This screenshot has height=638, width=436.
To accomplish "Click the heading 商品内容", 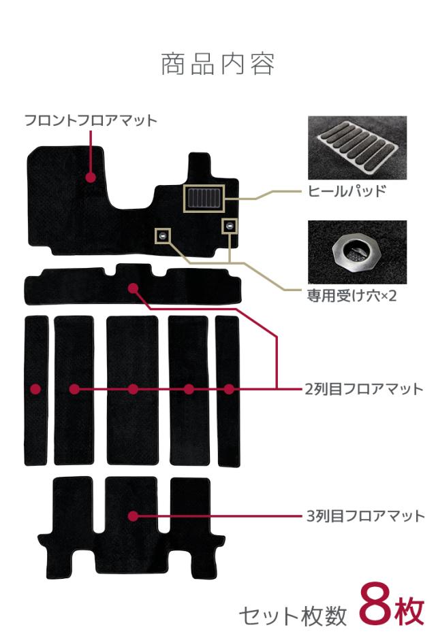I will tap(218, 64).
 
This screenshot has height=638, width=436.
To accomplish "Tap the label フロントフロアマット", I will tap(91, 120).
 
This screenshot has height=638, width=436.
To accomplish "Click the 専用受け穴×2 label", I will tap(352, 297).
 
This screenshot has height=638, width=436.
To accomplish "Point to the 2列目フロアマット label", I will tap(364, 389).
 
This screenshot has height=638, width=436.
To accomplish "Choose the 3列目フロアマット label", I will tap(364, 516).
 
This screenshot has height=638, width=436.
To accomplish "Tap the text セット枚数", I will tap(292, 616).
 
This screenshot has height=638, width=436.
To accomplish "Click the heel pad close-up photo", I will tap(357, 148).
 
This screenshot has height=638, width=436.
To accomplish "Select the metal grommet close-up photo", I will tap(357, 252).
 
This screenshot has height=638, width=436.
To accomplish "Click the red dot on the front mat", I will tap(91, 178).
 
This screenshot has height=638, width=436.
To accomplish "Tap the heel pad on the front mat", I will tap(203, 198).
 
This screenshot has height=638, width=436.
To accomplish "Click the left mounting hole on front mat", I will tap(163, 235).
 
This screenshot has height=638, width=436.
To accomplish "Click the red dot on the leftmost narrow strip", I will tap(35, 389).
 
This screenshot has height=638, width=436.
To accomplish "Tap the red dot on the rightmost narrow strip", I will tap(229, 389).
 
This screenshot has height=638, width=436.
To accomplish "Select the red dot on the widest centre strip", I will tap(133, 389).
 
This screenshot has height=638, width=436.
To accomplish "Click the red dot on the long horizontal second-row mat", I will tap(133, 288).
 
